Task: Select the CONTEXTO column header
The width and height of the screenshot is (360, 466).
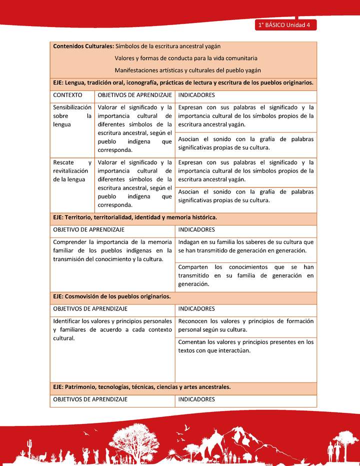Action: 67,95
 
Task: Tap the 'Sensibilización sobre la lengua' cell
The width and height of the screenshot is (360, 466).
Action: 72,116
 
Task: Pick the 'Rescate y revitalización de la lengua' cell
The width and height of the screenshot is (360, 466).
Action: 72,171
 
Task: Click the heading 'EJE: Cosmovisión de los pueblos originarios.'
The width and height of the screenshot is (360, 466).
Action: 112,296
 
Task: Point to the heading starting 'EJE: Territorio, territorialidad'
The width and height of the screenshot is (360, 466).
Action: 135,217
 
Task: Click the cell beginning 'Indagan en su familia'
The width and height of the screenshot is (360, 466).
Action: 245,246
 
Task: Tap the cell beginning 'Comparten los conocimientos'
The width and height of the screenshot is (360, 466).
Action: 245,275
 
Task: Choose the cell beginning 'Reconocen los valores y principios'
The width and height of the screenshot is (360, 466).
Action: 245,325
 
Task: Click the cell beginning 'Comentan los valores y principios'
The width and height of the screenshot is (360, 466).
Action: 245,346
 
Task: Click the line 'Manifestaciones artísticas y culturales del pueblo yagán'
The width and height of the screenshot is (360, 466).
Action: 187,70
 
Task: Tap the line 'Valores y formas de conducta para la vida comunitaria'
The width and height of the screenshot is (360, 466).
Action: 185,58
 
